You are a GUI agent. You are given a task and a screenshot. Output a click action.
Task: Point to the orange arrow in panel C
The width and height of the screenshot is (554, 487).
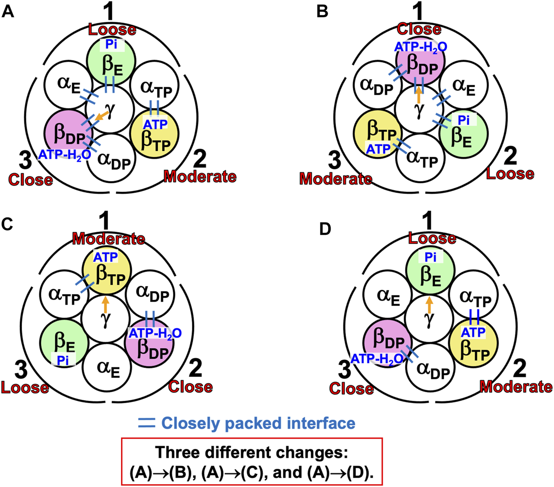tap(106, 305)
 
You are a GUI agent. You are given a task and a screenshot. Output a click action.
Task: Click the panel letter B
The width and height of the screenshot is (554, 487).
tap(323, 11)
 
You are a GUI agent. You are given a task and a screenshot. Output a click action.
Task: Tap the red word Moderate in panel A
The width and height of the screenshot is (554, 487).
tap(200, 176)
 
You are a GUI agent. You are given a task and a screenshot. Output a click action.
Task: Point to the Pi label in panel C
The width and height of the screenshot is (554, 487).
tap(63, 360)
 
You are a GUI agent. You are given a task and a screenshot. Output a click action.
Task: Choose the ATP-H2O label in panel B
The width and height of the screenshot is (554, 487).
tap(420, 46)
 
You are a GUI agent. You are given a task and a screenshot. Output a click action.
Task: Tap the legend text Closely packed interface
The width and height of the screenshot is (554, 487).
tap(258, 423)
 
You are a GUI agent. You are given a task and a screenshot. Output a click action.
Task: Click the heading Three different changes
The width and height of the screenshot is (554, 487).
tap(251, 452)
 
